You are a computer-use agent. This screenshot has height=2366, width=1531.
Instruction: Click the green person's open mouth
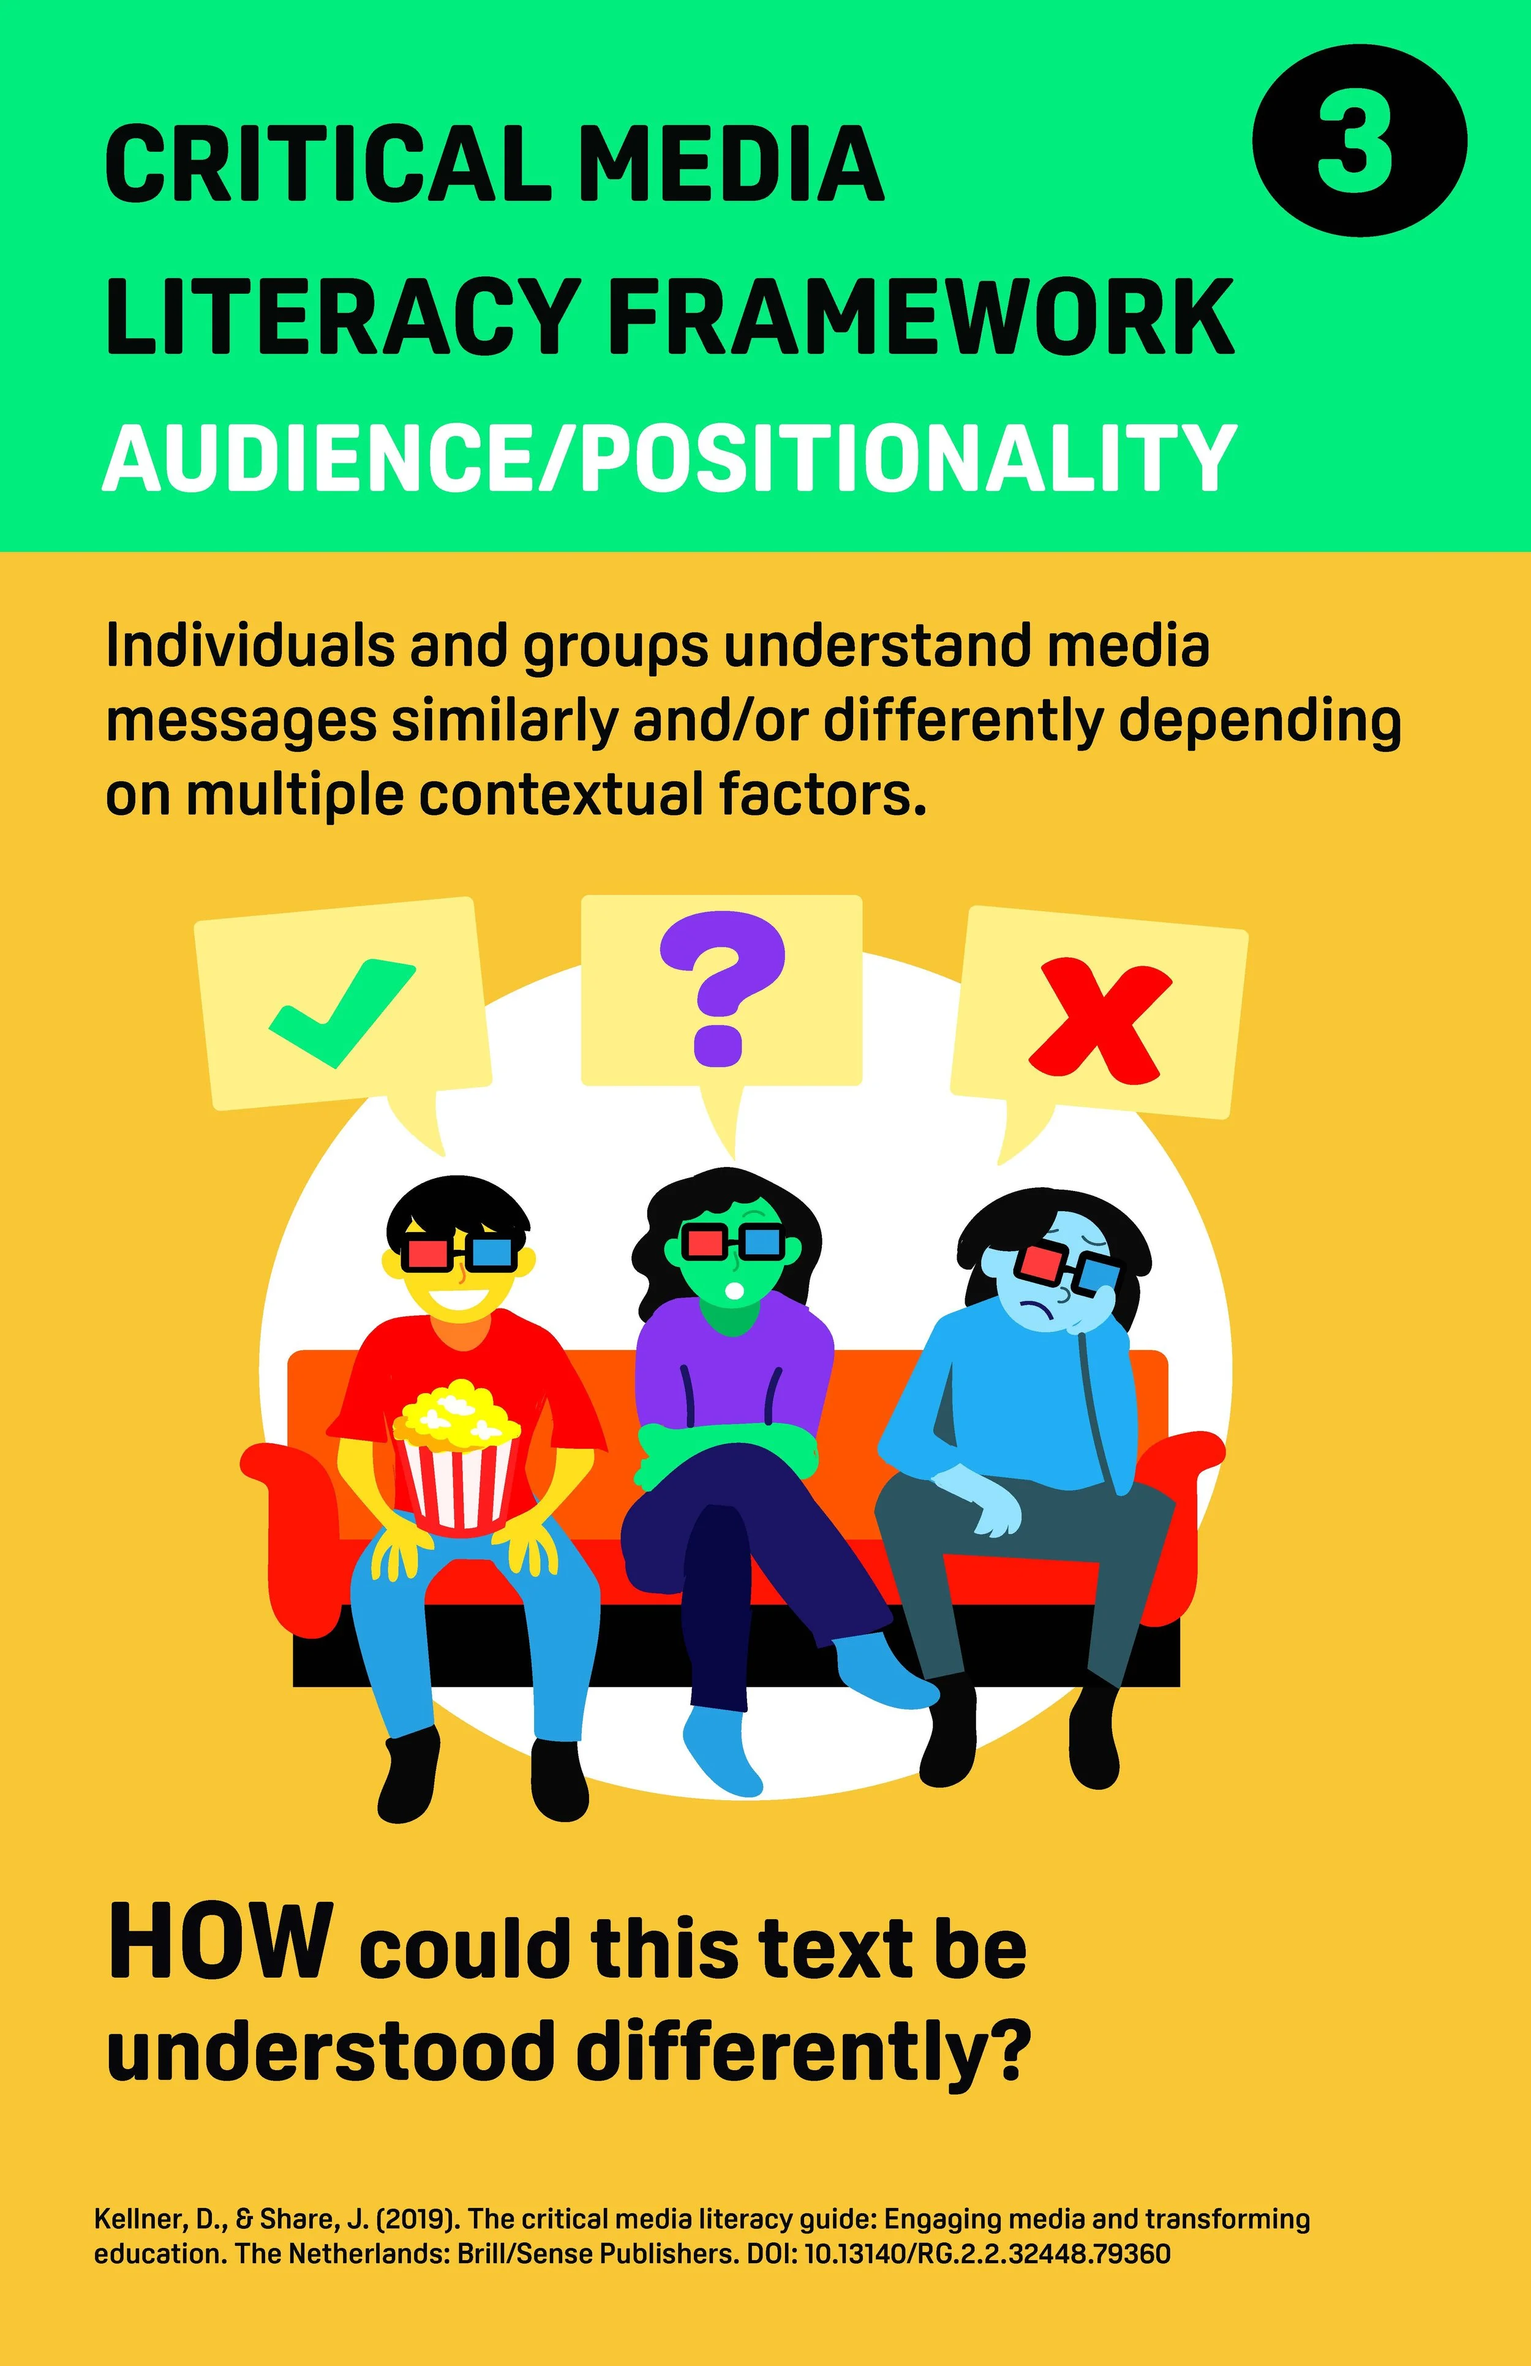[734, 1290]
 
